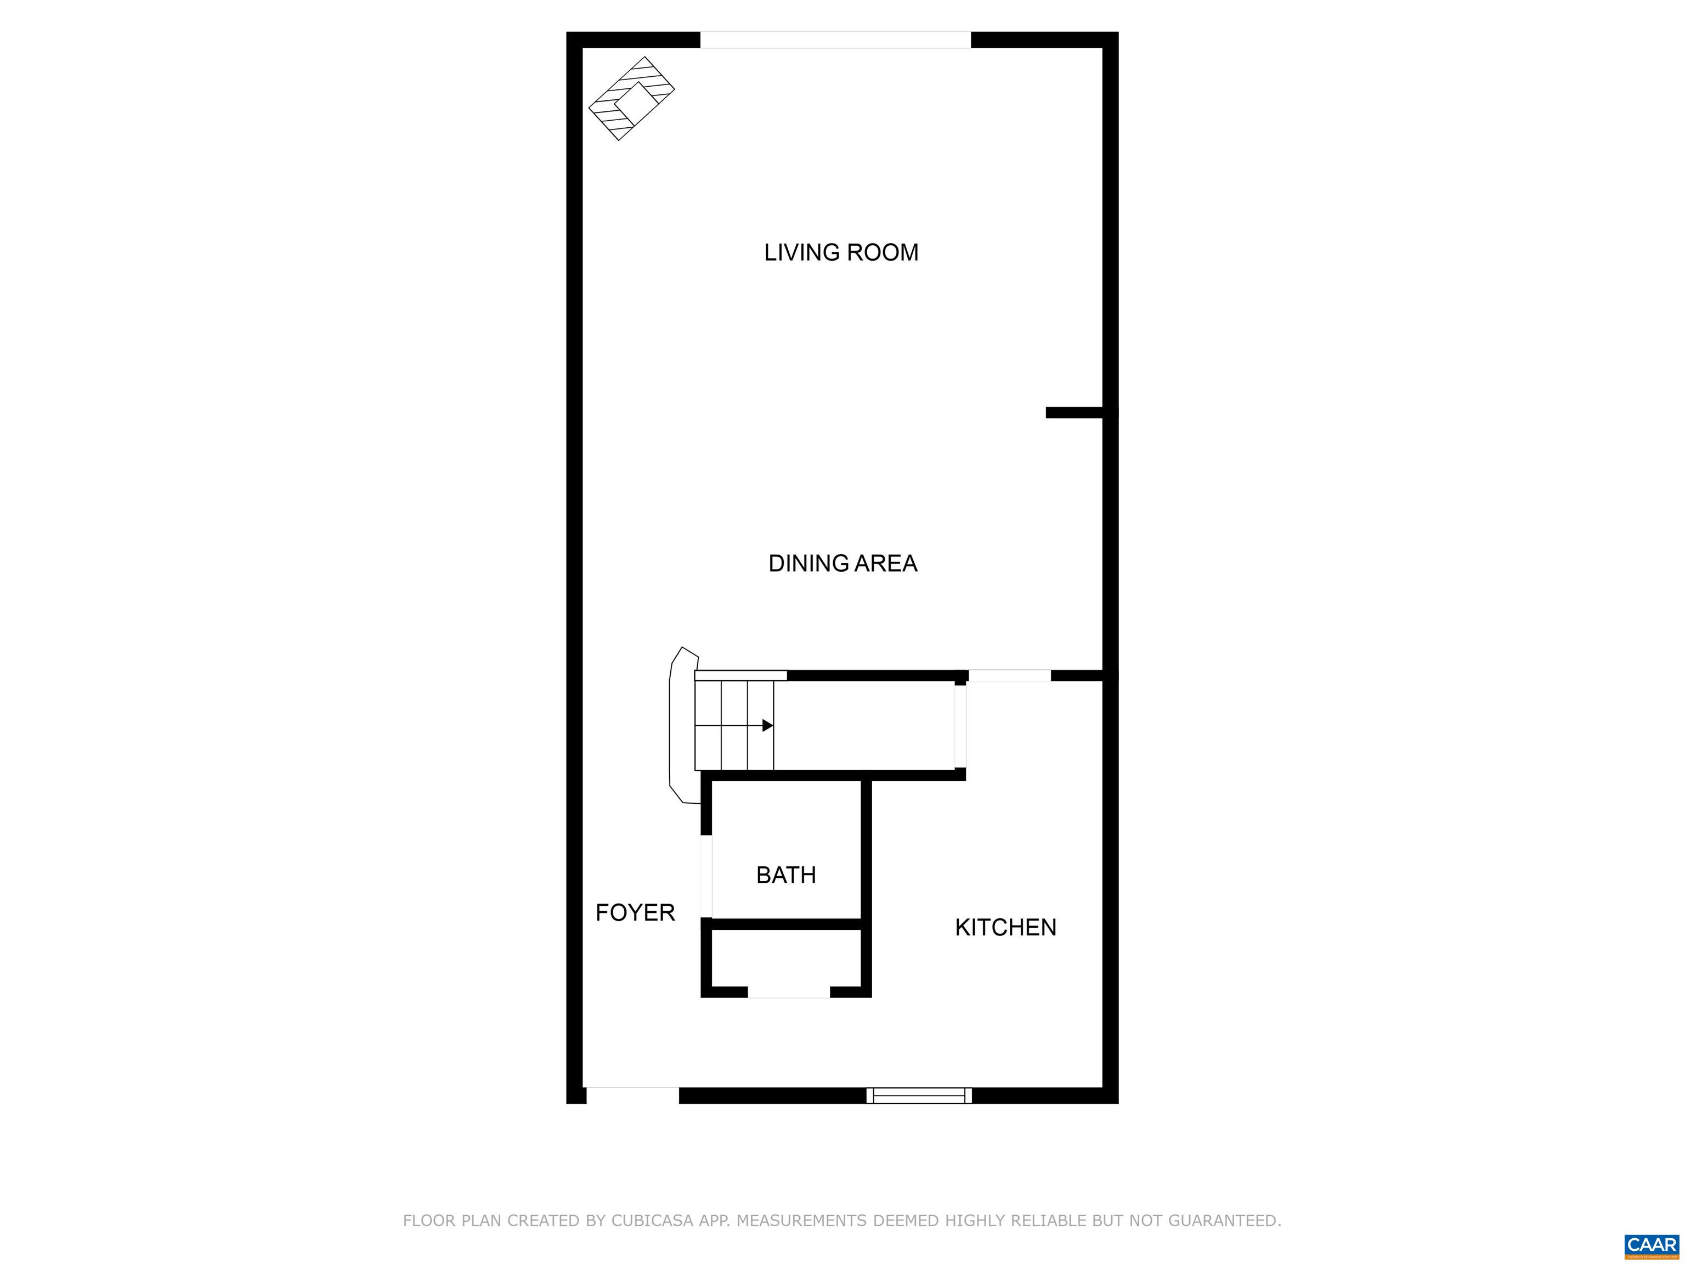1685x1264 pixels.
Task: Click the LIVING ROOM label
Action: point(841,252)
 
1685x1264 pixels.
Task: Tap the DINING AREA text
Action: point(842,563)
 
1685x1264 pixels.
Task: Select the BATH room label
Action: point(786,874)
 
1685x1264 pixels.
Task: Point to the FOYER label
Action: point(635,912)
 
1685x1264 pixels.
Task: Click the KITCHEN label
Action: point(1005,927)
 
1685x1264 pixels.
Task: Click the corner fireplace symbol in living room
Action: point(631,98)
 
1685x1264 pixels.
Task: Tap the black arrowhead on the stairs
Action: point(767,725)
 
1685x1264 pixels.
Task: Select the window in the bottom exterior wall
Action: point(919,1096)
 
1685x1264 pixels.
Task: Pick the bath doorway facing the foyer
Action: point(706,876)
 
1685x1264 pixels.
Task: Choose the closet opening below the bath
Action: point(788,991)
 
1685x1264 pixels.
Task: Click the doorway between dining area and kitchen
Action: point(1009,675)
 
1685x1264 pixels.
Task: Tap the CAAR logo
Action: point(1652,1245)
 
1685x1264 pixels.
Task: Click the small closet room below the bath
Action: point(786,958)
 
